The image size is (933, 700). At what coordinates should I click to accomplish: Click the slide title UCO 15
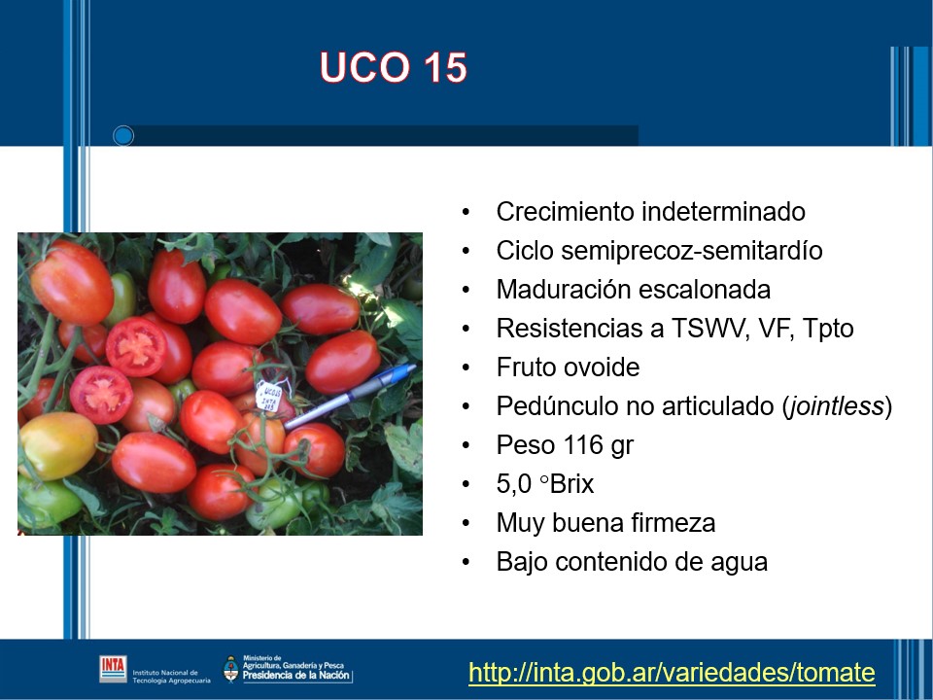coord(394,67)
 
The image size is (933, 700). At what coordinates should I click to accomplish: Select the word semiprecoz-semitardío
coord(692,251)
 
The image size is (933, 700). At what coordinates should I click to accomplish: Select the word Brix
coord(571,484)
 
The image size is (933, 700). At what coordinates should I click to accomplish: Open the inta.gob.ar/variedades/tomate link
coord(672,673)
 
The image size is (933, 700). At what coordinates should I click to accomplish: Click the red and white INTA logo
coord(113,669)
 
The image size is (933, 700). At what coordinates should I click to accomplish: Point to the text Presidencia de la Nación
coord(295,676)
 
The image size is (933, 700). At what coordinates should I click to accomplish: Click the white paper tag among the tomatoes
coord(270,397)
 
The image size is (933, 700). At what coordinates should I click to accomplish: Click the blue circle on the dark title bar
coord(123,136)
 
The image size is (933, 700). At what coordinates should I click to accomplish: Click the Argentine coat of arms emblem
coord(231,669)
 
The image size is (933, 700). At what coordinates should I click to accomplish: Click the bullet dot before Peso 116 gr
coord(466,446)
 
